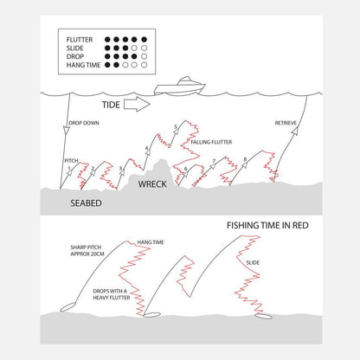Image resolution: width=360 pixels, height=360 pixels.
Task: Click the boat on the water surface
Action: [x=179, y=87]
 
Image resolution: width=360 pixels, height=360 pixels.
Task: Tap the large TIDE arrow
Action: [x=137, y=105]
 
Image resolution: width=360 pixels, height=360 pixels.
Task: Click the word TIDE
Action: [x=111, y=105]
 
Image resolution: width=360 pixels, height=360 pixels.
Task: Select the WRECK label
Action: [x=152, y=184]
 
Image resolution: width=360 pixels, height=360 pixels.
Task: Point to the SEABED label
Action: [x=86, y=203]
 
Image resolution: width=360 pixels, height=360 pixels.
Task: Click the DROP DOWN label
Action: [x=84, y=123]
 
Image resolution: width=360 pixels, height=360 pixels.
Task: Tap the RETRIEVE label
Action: [x=286, y=123]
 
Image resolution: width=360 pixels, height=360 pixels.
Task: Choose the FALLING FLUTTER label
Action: [x=211, y=142]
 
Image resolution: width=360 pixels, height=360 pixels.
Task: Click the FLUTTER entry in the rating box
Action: [x=80, y=40]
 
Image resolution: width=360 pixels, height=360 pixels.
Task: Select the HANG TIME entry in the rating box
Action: [x=83, y=65]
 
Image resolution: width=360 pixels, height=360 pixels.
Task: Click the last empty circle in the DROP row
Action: [x=145, y=56]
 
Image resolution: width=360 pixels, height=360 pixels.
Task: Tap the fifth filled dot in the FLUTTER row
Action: [x=145, y=40]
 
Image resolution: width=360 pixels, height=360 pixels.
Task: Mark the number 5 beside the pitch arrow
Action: [x=176, y=126]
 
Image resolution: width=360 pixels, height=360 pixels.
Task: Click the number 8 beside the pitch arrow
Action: [x=245, y=159]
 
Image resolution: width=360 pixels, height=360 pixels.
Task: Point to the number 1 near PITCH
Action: [x=69, y=168]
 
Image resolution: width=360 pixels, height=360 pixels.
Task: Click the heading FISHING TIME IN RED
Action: [x=267, y=225]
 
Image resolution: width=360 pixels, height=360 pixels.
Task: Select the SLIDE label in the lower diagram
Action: [x=253, y=262]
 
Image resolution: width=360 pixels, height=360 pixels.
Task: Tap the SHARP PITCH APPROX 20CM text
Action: [x=87, y=250]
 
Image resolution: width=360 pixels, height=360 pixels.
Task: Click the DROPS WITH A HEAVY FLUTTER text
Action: [x=112, y=294]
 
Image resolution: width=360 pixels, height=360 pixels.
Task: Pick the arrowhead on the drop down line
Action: [x=67, y=131]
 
